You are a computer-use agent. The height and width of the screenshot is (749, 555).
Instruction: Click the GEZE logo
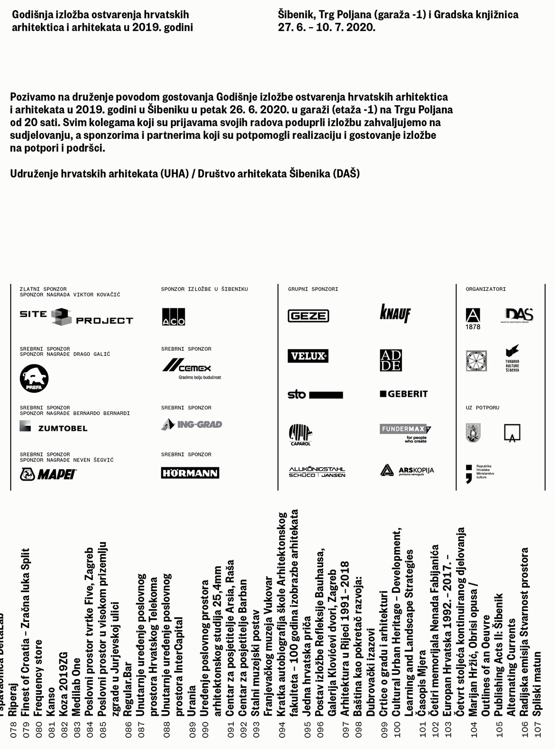pos(308,316)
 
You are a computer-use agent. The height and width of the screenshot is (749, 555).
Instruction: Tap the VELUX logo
pos(308,356)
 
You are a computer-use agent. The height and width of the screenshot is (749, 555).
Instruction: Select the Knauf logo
pos(395,313)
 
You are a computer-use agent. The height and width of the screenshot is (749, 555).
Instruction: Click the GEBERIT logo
pos(404,394)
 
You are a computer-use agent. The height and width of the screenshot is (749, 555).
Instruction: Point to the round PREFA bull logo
pos(34,378)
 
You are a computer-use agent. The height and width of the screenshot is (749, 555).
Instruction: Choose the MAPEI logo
pos(48,474)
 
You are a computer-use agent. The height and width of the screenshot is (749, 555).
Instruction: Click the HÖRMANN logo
pos(190,473)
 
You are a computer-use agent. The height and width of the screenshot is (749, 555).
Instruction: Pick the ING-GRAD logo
pos(192,424)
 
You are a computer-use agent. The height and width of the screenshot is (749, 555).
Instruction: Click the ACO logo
pos(174,317)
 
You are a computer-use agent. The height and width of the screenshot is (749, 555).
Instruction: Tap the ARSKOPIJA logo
pos(407,470)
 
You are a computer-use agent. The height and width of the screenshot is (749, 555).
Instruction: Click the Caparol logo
pos(300,434)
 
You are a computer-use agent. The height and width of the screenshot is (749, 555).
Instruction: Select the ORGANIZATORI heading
pos(486,289)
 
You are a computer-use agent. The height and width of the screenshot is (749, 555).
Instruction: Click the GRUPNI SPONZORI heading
pos(313,289)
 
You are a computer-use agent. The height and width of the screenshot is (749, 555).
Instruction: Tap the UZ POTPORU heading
pos(482,407)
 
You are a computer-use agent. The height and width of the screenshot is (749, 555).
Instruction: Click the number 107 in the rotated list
pos(538,729)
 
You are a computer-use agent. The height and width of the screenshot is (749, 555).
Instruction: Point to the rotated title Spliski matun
pos(537,683)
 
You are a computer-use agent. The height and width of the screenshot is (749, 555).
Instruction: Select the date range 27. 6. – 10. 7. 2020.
pos(327,28)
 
